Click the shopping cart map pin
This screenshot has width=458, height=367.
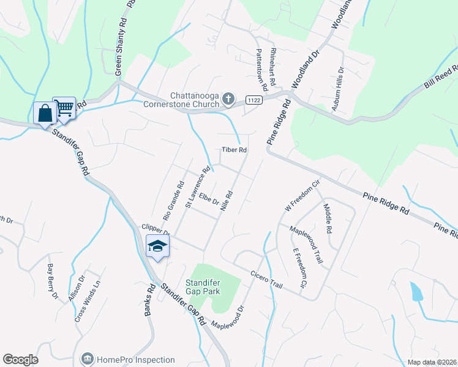[64, 108]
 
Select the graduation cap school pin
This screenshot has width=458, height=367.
[157, 247]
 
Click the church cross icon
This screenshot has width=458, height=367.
[228, 98]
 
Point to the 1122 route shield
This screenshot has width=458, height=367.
[254, 99]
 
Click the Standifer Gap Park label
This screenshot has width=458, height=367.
[205, 287]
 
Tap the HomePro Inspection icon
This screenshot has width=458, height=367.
[87, 358]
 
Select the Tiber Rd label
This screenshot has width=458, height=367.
[234, 150]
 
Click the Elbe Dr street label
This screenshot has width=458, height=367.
[209, 200]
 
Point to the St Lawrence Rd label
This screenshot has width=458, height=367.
[198, 187]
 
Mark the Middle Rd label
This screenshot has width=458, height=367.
[328, 219]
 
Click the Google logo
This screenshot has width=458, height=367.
[20, 360]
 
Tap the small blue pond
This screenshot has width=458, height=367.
[417, 292]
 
